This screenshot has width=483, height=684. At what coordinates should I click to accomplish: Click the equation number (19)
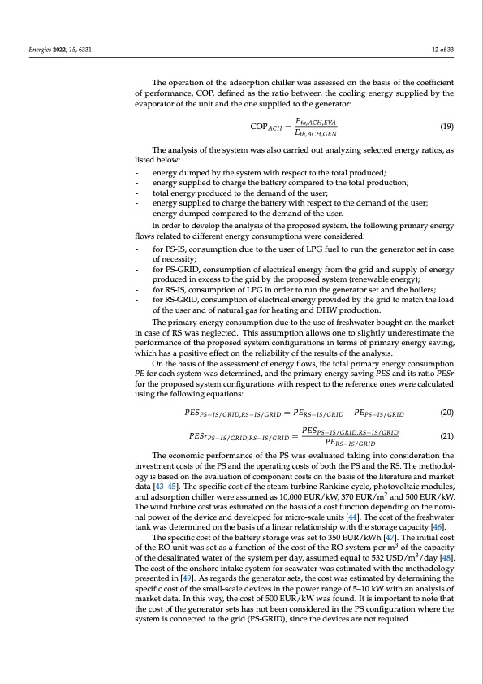tap(446, 127)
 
